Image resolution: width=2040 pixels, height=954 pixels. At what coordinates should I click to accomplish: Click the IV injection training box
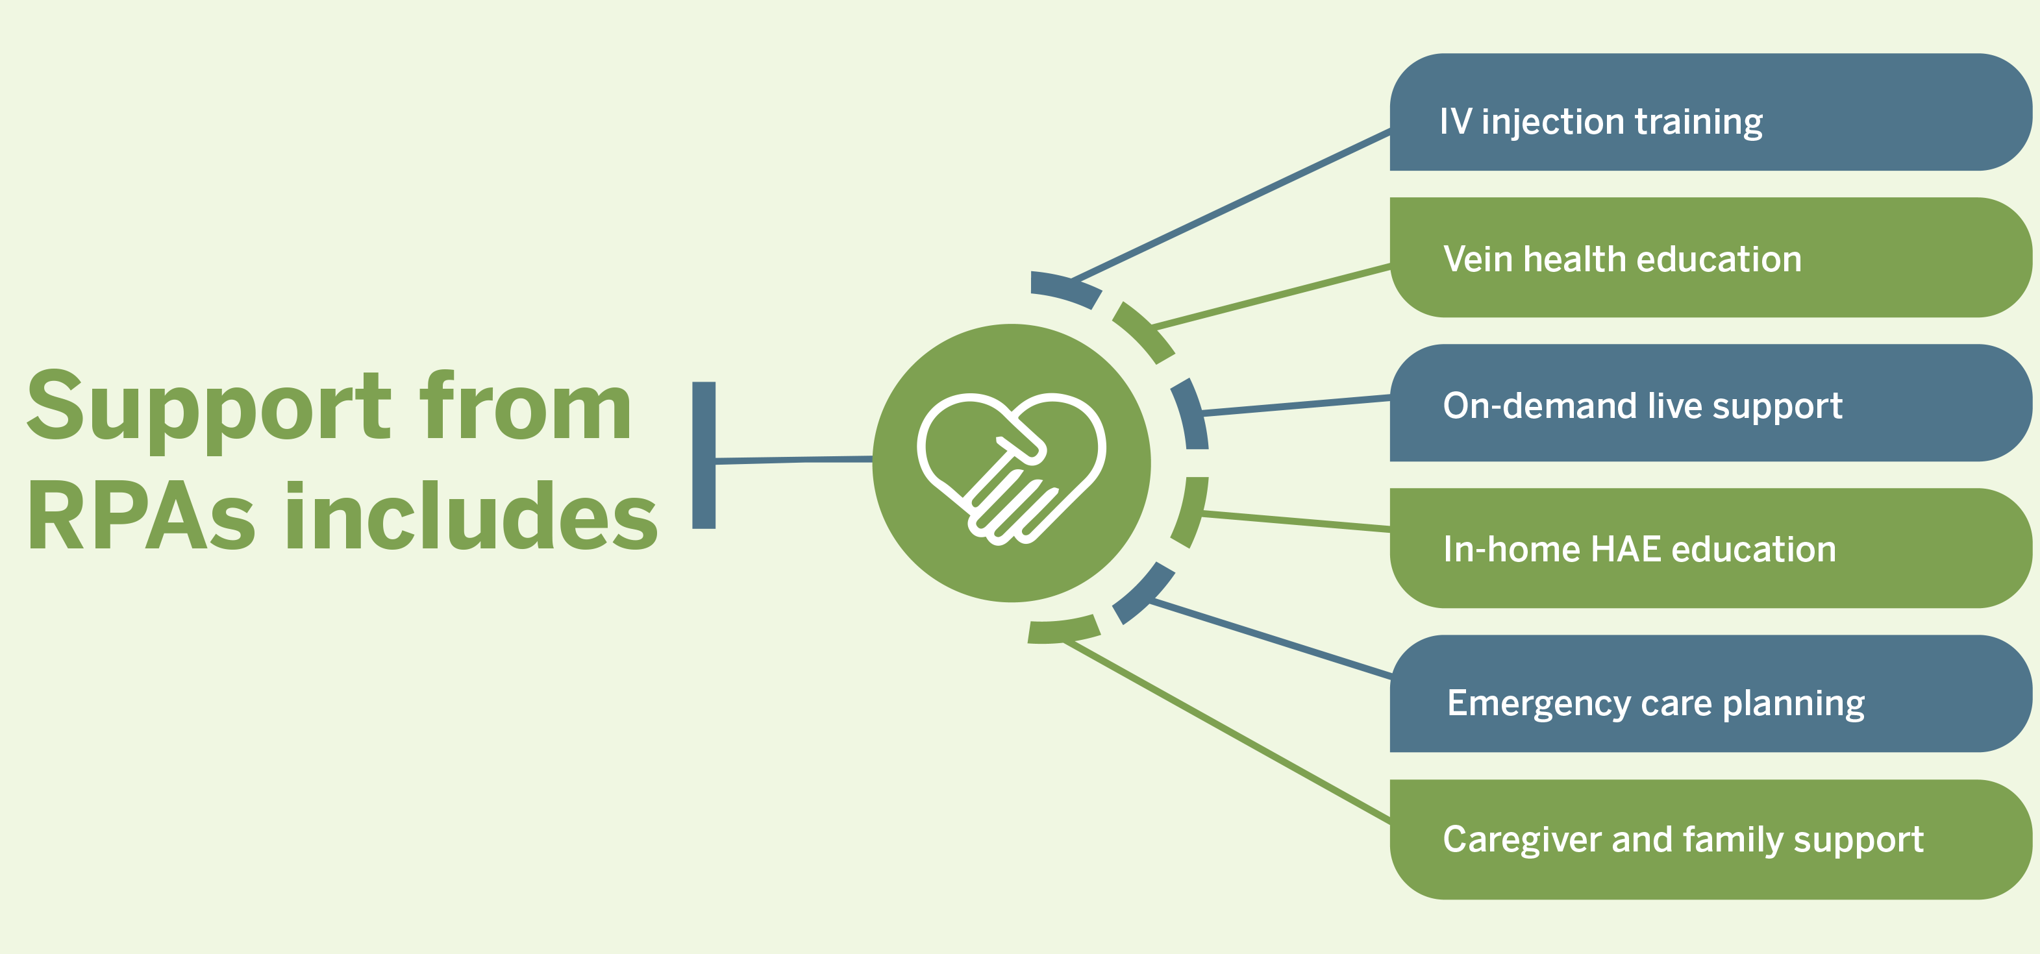tap(1711, 112)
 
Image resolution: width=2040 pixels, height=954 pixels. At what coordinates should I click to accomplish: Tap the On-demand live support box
tap(1711, 403)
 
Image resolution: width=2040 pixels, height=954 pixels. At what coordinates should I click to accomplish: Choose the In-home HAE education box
tap(1711, 548)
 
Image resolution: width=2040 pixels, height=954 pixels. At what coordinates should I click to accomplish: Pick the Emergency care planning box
tap(1711, 694)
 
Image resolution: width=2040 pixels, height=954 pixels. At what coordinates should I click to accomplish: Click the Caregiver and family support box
tap(1711, 839)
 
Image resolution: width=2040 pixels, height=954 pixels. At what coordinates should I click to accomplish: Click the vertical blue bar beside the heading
tap(703, 455)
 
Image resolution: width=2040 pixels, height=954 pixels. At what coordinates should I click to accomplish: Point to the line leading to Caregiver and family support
tap(1228, 731)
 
